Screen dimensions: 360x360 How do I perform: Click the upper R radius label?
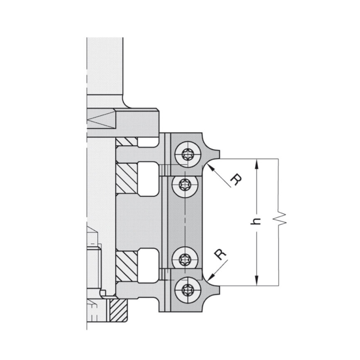pos(236,180)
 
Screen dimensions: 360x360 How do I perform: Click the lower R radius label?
pos(220,254)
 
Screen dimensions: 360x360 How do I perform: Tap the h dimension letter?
pos(255,221)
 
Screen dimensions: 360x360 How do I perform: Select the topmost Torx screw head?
pos(188,154)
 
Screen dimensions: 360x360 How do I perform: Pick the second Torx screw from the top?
pos(185,185)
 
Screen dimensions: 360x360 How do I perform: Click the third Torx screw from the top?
pos(185,258)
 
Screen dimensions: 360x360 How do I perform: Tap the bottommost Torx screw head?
pos(188,290)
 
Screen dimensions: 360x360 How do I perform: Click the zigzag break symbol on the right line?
pos(280,219)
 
